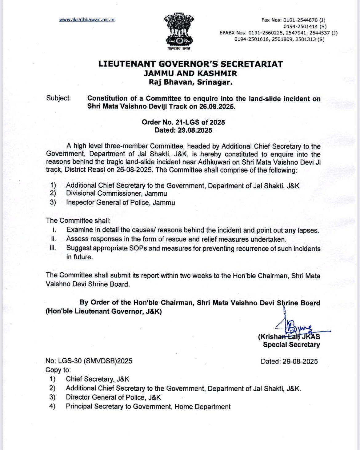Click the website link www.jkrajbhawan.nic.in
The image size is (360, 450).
(87, 20)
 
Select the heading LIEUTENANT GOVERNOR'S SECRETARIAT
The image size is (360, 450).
(190, 64)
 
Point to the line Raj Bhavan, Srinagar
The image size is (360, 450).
(190, 82)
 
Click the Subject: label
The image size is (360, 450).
(58, 98)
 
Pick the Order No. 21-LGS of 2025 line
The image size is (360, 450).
(183, 122)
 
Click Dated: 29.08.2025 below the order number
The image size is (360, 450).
(183, 130)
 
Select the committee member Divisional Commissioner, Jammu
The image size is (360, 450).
(116, 193)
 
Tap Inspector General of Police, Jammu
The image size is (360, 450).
(120, 202)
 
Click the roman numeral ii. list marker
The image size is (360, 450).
(54, 239)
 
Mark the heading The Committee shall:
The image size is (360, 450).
(78, 221)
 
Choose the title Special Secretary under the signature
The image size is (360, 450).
(291, 345)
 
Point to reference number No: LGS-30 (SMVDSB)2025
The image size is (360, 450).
(89, 361)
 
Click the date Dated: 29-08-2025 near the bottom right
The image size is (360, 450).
(289, 361)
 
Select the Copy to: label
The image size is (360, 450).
(58, 370)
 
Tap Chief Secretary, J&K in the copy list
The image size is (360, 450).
(98, 379)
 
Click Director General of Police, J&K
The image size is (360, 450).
(113, 397)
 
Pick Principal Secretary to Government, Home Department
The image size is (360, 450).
(148, 407)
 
